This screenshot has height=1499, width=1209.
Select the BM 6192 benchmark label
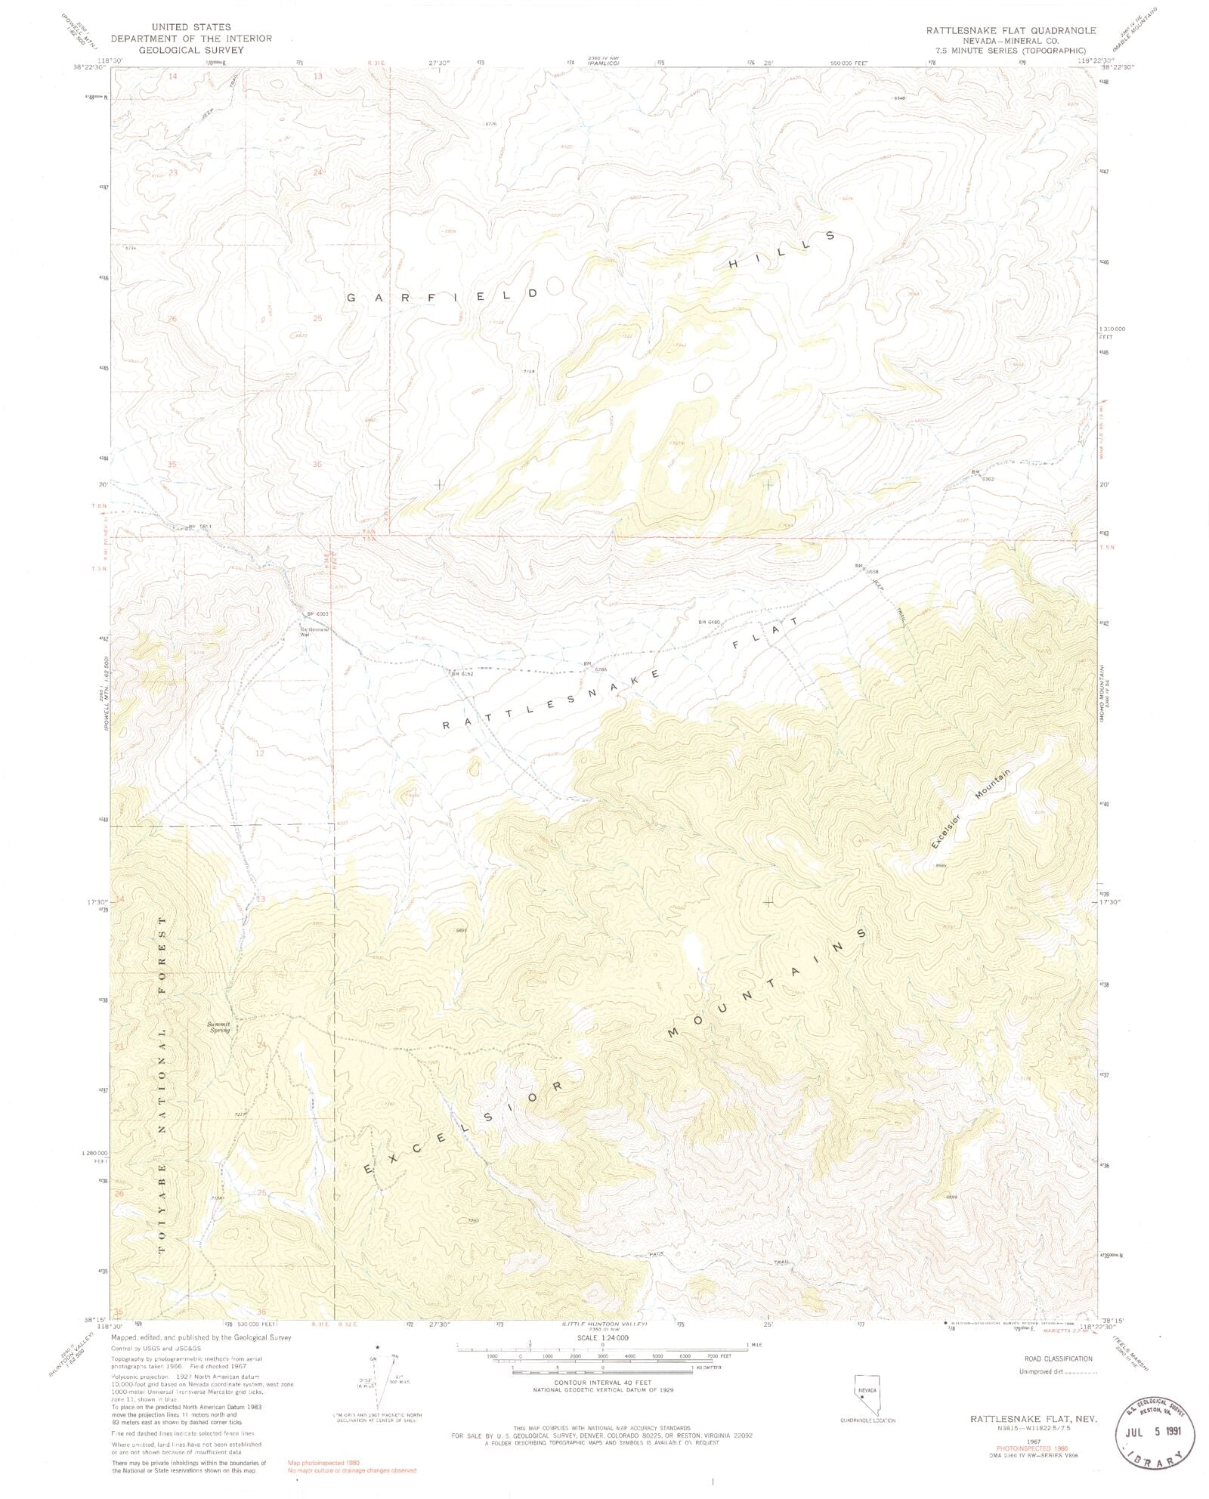coord(461,672)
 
